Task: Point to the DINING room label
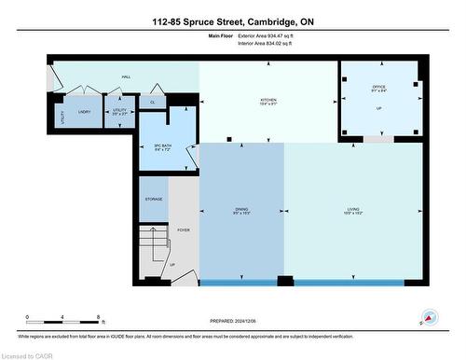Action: (x=241, y=209)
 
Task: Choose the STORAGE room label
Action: (x=154, y=199)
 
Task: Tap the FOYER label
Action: (x=183, y=228)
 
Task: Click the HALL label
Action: (x=126, y=77)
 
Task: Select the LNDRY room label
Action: (x=84, y=110)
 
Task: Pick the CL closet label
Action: (x=152, y=102)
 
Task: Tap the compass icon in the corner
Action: (x=430, y=317)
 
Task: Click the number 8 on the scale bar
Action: (x=98, y=317)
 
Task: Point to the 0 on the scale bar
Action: (x=27, y=317)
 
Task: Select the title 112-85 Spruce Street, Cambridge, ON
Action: (x=233, y=20)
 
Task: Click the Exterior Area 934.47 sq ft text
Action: (x=272, y=35)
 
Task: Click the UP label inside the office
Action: (x=378, y=108)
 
